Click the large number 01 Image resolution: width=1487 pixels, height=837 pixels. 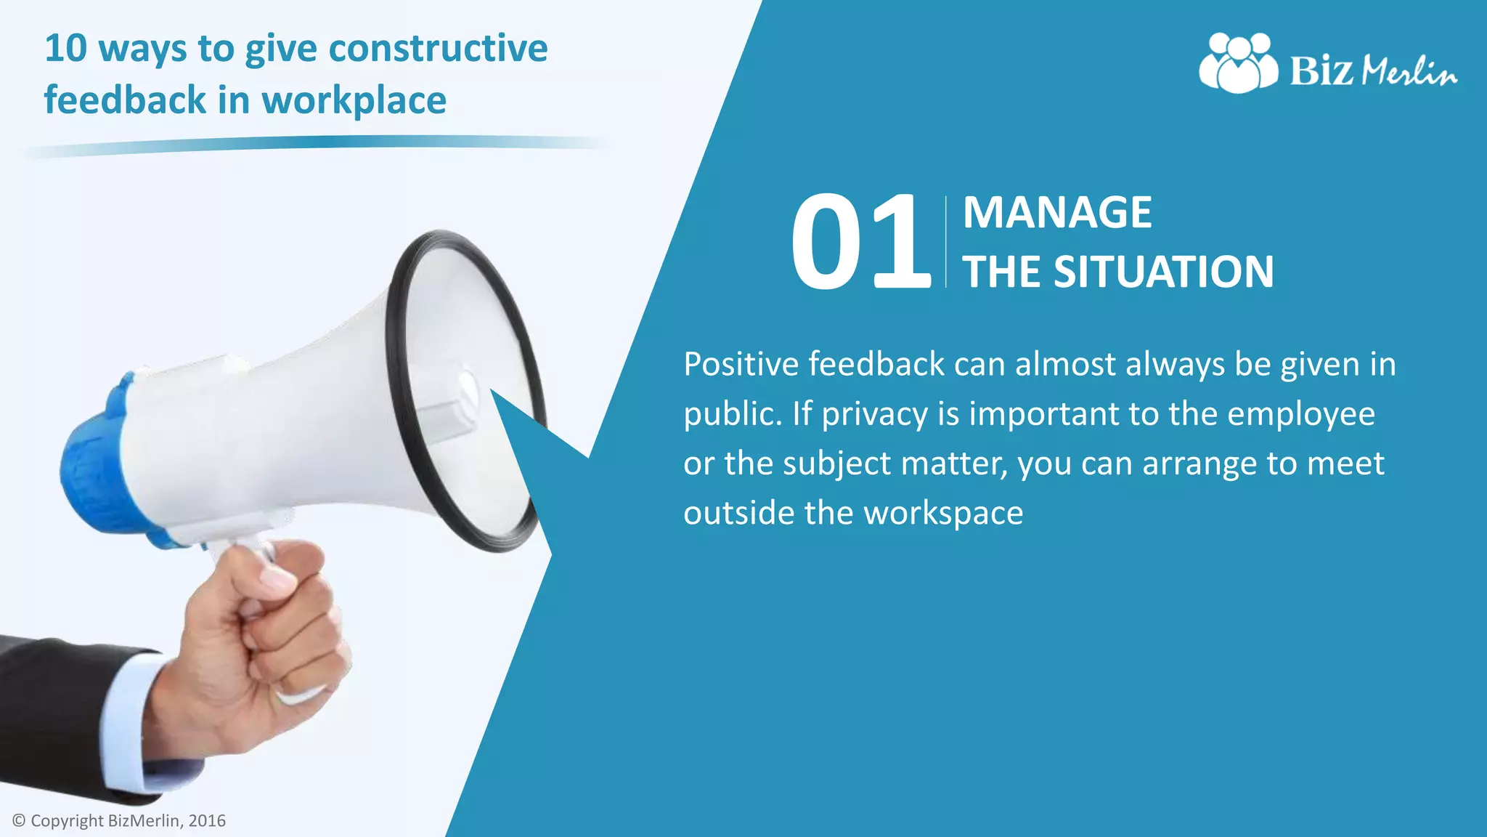point(860,241)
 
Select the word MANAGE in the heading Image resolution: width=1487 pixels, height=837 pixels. point(1057,213)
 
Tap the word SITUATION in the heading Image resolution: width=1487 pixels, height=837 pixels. point(1163,272)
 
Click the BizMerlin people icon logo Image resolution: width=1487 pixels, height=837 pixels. point(1238,63)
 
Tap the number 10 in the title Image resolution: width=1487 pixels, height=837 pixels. point(66,49)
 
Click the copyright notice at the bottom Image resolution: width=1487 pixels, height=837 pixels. point(119,821)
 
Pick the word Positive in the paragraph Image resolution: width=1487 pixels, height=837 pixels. point(741,364)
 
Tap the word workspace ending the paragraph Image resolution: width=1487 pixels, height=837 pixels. point(943,513)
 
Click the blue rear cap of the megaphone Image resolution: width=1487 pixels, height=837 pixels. point(94,465)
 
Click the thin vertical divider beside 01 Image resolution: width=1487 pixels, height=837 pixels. point(946,241)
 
